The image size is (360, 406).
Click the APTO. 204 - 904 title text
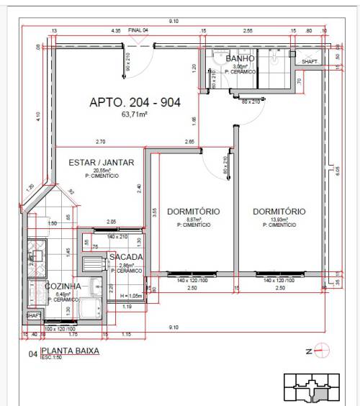click(135, 102)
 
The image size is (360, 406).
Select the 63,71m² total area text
click(135, 114)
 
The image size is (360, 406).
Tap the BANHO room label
click(240, 59)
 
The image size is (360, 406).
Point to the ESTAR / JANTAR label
click(102, 163)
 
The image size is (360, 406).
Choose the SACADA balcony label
click(125, 257)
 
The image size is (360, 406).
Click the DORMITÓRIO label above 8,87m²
click(193, 212)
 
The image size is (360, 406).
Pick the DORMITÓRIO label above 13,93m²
click(279, 212)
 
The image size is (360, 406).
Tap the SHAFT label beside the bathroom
click(309, 62)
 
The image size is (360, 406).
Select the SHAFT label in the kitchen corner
click(33, 315)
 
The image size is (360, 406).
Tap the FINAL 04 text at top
click(138, 31)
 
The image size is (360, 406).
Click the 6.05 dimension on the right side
click(337, 170)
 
